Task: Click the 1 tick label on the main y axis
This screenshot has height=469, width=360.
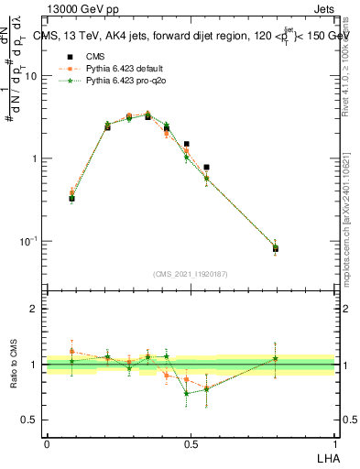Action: click(37, 158)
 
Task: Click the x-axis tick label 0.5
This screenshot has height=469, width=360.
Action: click(191, 443)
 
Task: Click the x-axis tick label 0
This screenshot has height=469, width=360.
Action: click(48, 443)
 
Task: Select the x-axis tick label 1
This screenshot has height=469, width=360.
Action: click(333, 443)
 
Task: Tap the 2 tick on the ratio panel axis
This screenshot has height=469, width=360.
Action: click(37, 309)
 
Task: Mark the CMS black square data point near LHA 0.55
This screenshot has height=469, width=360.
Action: click(206, 168)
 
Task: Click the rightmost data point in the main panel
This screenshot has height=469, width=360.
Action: click(276, 248)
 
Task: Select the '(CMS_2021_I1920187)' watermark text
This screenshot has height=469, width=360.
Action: click(190, 274)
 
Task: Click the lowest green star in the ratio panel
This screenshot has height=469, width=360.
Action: click(187, 393)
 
